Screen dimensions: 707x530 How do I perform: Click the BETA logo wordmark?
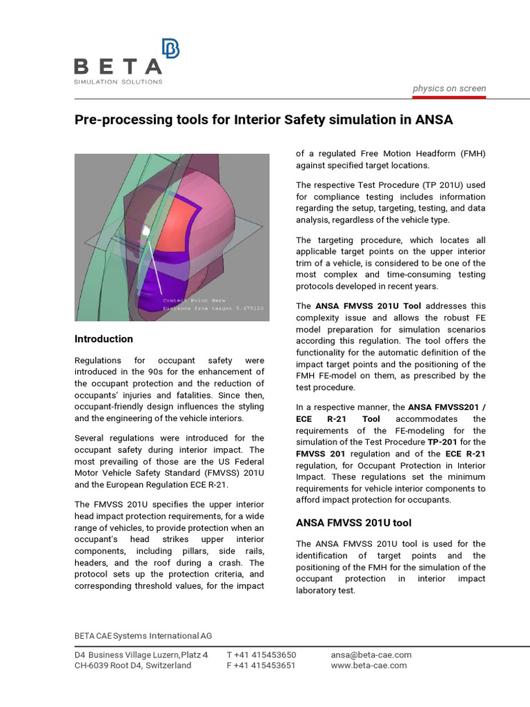coord(117,67)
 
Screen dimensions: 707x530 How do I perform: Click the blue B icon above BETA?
coord(170,49)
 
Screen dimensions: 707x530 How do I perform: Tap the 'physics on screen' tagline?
coord(449,88)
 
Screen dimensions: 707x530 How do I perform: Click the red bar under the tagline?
coord(449,97)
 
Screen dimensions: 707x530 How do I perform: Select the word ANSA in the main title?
coord(434,120)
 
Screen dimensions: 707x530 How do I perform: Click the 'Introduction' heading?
coord(104,339)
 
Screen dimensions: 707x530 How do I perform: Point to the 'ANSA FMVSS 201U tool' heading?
coord(353,523)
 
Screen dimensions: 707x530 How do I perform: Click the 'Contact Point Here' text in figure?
coord(194,300)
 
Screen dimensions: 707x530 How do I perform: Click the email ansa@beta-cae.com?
coord(371,655)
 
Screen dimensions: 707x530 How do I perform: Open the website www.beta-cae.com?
coord(369,666)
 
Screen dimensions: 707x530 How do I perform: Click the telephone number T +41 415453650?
coord(261,655)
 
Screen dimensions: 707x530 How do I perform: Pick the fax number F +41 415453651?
coord(261,666)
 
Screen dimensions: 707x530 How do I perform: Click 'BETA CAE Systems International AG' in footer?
coord(144,635)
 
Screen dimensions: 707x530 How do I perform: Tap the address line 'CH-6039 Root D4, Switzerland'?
coord(133,666)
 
